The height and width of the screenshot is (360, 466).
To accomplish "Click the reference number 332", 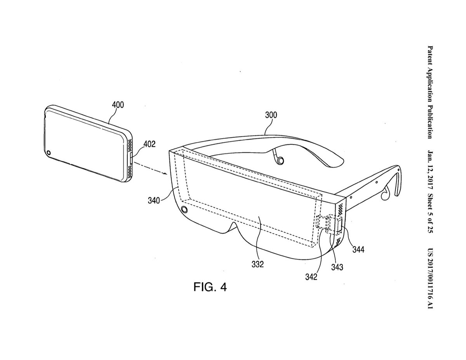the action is click(x=257, y=264).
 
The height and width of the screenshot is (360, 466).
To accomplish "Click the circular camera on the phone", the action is click(x=50, y=153).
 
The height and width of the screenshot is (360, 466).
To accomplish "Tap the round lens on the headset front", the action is click(x=184, y=210).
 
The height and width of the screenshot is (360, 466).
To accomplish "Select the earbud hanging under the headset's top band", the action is click(x=278, y=159).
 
